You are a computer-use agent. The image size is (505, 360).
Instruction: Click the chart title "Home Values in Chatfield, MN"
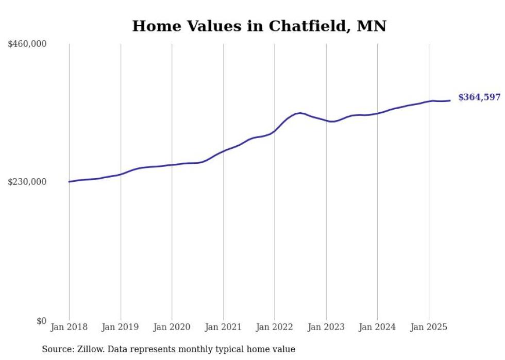pyautogui.click(x=259, y=26)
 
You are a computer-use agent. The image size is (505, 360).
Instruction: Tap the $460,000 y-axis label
pyautogui.click(x=27, y=44)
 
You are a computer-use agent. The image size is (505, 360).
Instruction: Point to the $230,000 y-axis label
pyautogui.click(x=27, y=182)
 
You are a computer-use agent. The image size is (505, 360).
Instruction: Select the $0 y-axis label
pyautogui.click(x=41, y=321)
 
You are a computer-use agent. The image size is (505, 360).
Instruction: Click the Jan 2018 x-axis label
pyautogui.click(x=69, y=327)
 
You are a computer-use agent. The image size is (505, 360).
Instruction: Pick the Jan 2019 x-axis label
pyautogui.click(x=121, y=327)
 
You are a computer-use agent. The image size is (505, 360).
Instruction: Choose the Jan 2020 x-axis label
pyautogui.click(x=172, y=327)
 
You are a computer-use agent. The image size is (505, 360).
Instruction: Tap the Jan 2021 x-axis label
pyautogui.click(x=223, y=327)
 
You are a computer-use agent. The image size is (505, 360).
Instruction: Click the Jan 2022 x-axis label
pyautogui.click(x=275, y=327)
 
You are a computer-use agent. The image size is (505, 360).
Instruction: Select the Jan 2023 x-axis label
pyautogui.click(x=326, y=327)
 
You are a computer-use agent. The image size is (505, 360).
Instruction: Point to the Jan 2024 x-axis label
pyautogui.click(x=377, y=327)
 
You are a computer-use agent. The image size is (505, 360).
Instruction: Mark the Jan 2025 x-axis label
pyautogui.click(x=429, y=327)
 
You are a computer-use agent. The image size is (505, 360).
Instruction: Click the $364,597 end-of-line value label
pyautogui.click(x=479, y=97)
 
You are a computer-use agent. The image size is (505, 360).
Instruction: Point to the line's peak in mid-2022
pyautogui.click(x=299, y=113)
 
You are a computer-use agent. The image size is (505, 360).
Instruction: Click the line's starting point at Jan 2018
pyautogui.click(x=69, y=182)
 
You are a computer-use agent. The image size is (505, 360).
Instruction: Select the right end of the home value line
pyautogui.click(x=450, y=100)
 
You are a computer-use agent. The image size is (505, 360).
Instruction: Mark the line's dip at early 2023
pyautogui.click(x=332, y=122)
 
